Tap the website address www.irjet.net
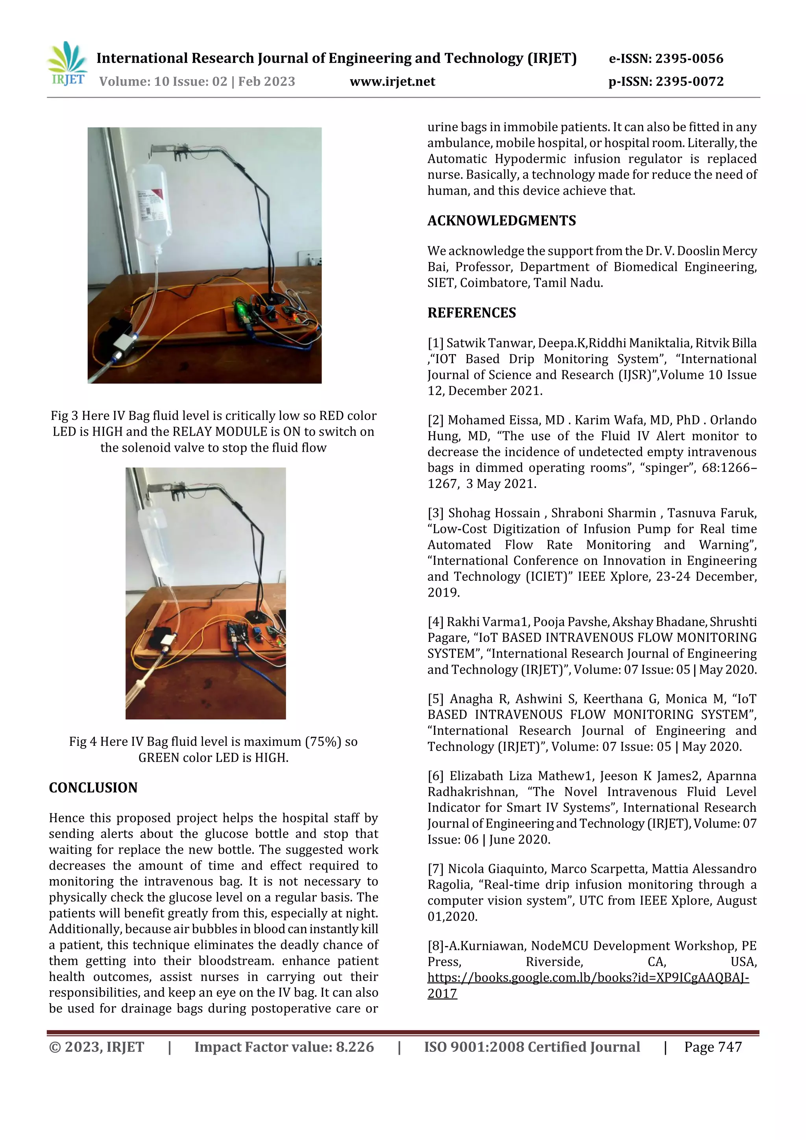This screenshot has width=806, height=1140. coord(392,81)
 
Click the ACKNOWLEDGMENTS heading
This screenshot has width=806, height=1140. coord(501,220)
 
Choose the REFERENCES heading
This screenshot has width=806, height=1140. coord(472,313)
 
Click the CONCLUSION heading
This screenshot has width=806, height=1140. coord(93,788)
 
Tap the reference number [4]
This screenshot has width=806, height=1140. coord(436,622)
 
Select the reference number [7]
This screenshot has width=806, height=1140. coord(436,869)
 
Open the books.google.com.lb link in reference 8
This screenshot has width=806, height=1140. coord(588,977)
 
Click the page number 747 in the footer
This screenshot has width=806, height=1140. coord(730,1047)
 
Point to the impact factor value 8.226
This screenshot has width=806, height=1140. coord(355,1047)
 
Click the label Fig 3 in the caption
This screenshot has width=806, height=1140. coord(64,416)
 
